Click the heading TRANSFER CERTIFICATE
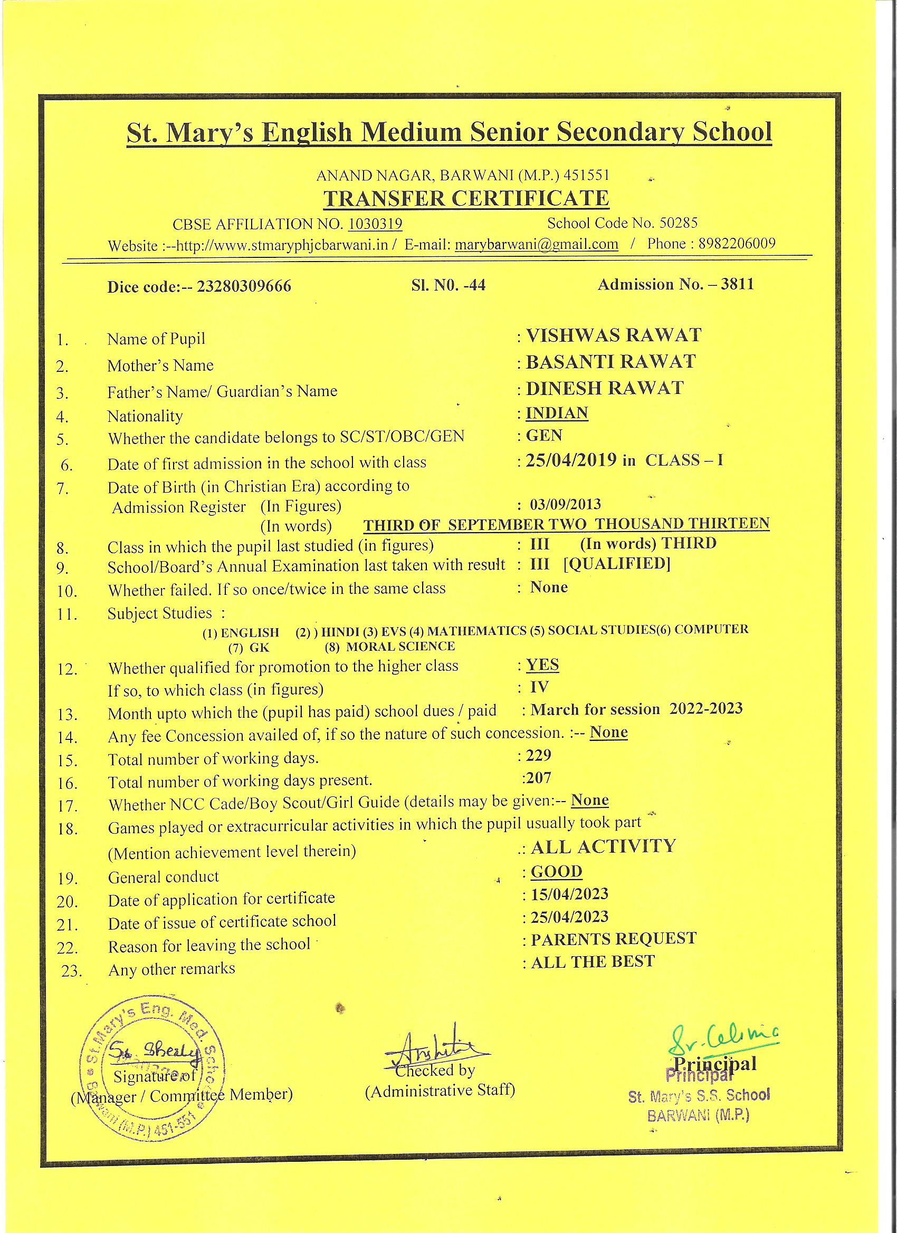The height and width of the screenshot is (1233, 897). [466, 199]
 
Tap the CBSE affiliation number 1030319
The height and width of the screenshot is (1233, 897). [375, 224]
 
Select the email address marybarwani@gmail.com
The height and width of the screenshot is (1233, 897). [536, 244]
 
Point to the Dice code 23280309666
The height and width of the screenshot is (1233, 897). [244, 286]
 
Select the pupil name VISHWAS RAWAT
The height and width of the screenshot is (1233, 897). [614, 335]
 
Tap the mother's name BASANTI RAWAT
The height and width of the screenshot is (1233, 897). [611, 362]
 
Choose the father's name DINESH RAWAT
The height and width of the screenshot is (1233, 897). [604, 388]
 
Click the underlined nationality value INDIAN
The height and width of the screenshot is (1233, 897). [557, 413]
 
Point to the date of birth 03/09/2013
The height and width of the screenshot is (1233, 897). [566, 504]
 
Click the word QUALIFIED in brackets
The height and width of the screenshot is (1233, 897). [617, 564]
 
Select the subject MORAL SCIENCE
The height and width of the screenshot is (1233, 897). [400, 647]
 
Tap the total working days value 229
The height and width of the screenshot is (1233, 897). [539, 755]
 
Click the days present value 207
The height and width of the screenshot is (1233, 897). [539, 778]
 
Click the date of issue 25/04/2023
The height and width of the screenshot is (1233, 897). [569, 917]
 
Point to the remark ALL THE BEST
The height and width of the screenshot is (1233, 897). [593, 962]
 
